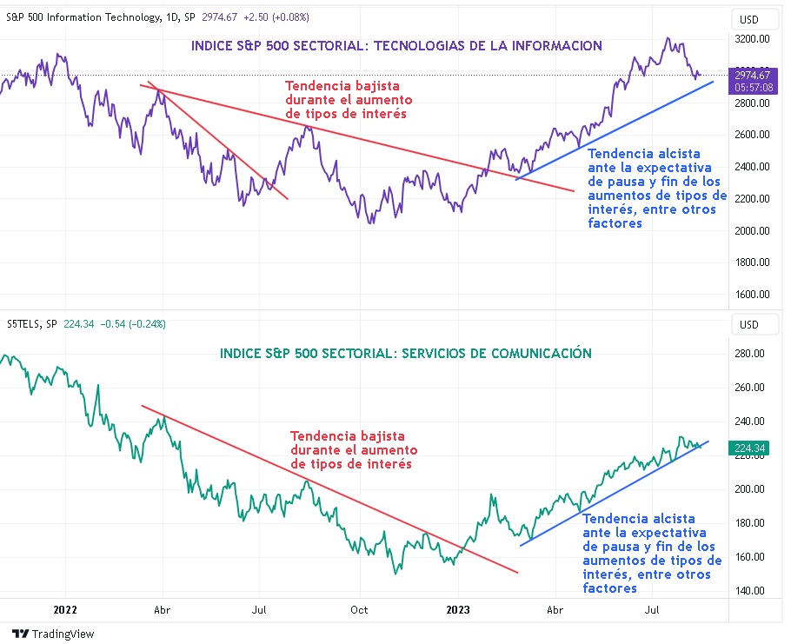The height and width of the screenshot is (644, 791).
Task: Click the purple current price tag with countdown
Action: click(x=753, y=79)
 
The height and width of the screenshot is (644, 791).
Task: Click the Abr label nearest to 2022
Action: click(x=162, y=610)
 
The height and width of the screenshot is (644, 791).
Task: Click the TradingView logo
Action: click(x=53, y=634)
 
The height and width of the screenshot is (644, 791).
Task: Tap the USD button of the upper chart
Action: click(x=748, y=19)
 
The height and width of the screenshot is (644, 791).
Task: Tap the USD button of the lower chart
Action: click(x=748, y=325)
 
